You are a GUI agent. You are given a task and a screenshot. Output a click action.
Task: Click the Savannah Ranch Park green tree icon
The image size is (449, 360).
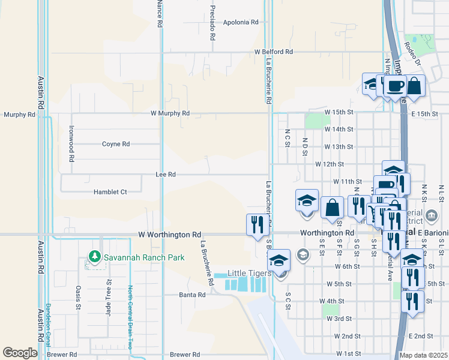94,257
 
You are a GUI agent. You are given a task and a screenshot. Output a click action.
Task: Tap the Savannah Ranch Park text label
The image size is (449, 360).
143,257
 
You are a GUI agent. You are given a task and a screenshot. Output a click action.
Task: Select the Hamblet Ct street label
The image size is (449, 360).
110,192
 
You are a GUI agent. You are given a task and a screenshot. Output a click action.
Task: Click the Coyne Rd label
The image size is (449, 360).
116,144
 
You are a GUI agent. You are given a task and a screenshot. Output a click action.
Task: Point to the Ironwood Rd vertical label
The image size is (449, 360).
71,143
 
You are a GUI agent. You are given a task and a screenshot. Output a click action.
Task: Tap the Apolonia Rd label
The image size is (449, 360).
240,22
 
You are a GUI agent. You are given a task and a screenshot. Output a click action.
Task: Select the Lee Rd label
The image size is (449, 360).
165,175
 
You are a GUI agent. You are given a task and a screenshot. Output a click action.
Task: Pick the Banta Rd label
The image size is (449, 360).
192,295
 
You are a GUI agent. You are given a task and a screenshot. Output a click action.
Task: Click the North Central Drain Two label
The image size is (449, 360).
129,317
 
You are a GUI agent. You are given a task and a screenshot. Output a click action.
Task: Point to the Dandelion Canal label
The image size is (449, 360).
49,325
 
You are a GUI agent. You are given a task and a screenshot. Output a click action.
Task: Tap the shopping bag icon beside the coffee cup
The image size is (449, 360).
414,85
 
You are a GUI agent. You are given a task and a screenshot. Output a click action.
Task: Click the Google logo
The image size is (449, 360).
20,353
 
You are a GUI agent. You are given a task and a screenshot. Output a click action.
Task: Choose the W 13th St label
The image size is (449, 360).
338,146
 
